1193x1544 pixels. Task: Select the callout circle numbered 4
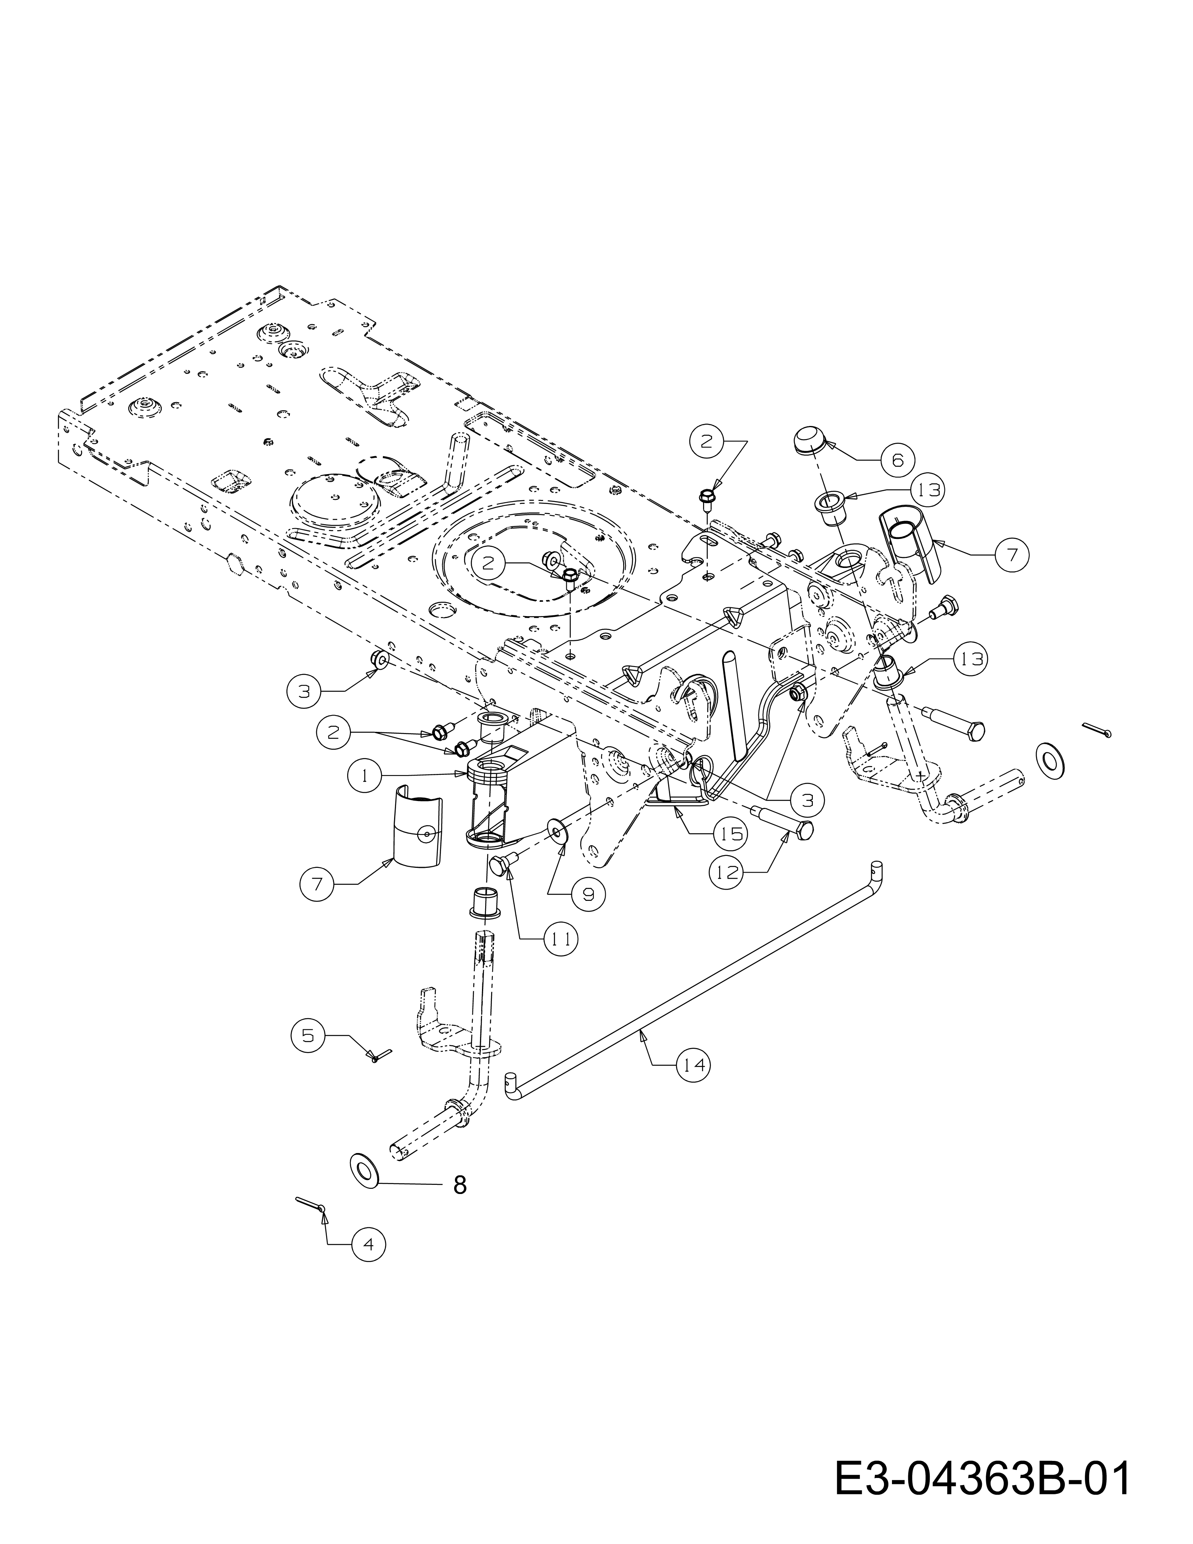(368, 1244)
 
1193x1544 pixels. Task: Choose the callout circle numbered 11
(559, 939)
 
